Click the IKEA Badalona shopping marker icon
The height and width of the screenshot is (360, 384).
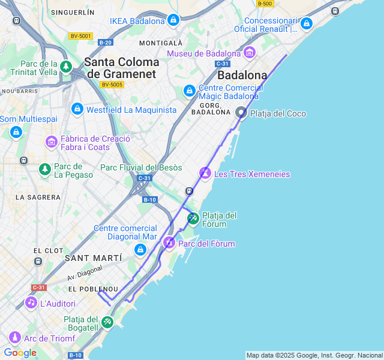[x=173, y=21]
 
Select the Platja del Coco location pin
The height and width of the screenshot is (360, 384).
[x=241, y=113]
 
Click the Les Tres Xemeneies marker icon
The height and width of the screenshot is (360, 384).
[x=205, y=174]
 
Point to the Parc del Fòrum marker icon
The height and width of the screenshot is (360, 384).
[x=169, y=243]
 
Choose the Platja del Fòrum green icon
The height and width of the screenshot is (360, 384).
[x=193, y=218]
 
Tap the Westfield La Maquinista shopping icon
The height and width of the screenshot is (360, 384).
[x=77, y=109]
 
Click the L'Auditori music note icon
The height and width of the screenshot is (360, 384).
[x=31, y=303]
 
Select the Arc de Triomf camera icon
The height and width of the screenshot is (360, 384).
[x=14, y=338]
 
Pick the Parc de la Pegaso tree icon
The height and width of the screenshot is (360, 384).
[x=45, y=170]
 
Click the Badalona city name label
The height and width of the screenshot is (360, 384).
[x=242, y=76]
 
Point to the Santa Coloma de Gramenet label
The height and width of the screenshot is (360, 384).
[x=122, y=68]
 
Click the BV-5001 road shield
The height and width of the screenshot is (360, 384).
[x=80, y=36]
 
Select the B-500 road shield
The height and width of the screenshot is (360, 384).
[x=265, y=4]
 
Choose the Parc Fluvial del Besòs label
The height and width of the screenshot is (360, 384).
[x=141, y=167]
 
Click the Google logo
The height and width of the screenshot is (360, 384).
[x=20, y=353]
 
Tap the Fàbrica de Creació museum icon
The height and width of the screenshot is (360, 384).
[x=52, y=142]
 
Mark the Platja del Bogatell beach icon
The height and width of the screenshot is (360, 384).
[x=107, y=322]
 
